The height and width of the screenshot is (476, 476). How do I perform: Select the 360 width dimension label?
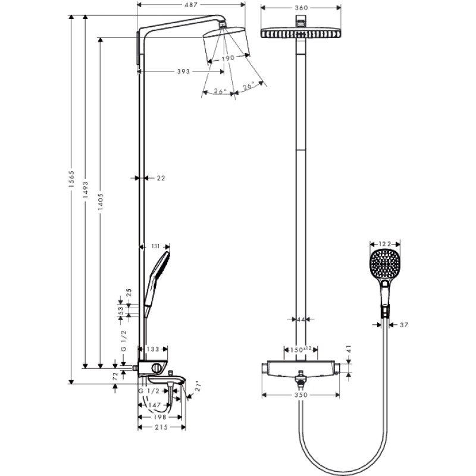coord(300,8)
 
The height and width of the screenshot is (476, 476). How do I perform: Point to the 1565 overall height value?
coord(70,180)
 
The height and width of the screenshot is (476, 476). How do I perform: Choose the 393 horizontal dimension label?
coord(183,71)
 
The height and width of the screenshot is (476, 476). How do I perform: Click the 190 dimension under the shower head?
coord(227,59)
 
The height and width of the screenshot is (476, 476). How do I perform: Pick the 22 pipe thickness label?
coord(161,178)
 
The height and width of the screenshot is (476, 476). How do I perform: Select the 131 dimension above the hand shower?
coord(156,245)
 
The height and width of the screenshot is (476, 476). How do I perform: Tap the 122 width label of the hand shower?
coord(384,243)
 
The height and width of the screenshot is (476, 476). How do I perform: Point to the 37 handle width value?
coord(405,325)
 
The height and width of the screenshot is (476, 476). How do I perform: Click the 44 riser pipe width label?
coord(300,320)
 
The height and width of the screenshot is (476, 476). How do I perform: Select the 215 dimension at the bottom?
coord(161,427)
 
